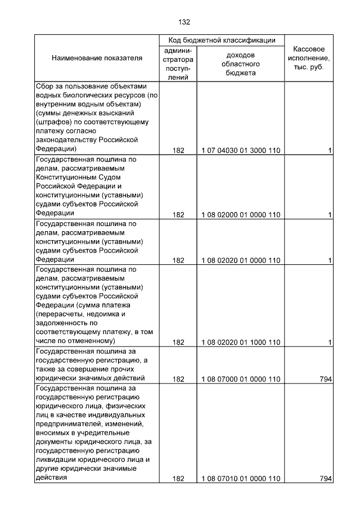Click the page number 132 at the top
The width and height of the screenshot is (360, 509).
[184, 22]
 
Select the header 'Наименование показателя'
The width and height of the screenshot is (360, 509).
[97, 58]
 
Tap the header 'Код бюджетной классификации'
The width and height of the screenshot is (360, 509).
[222, 40]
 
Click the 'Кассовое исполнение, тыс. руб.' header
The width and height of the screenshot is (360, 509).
[309, 58]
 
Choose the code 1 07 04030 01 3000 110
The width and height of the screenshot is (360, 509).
[240, 150]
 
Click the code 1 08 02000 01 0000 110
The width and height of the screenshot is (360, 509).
[240, 214]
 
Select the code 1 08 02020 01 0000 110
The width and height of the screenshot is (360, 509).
[240, 260]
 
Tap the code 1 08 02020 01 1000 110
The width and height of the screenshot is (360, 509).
[240, 342]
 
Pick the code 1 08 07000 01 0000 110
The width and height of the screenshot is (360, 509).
[240, 379]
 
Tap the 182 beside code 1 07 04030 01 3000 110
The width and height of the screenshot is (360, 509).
[178, 150]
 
